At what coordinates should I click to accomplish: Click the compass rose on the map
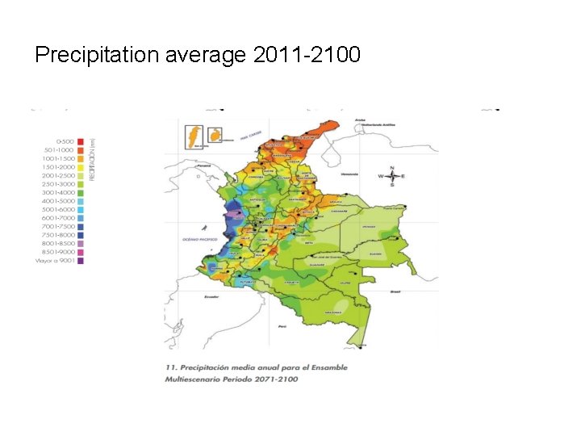(x=391, y=176)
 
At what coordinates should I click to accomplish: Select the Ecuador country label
(x=211, y=296)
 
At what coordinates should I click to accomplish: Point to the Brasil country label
(x=395, y=291)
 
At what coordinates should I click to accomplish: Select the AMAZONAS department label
(x=333, y=312)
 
